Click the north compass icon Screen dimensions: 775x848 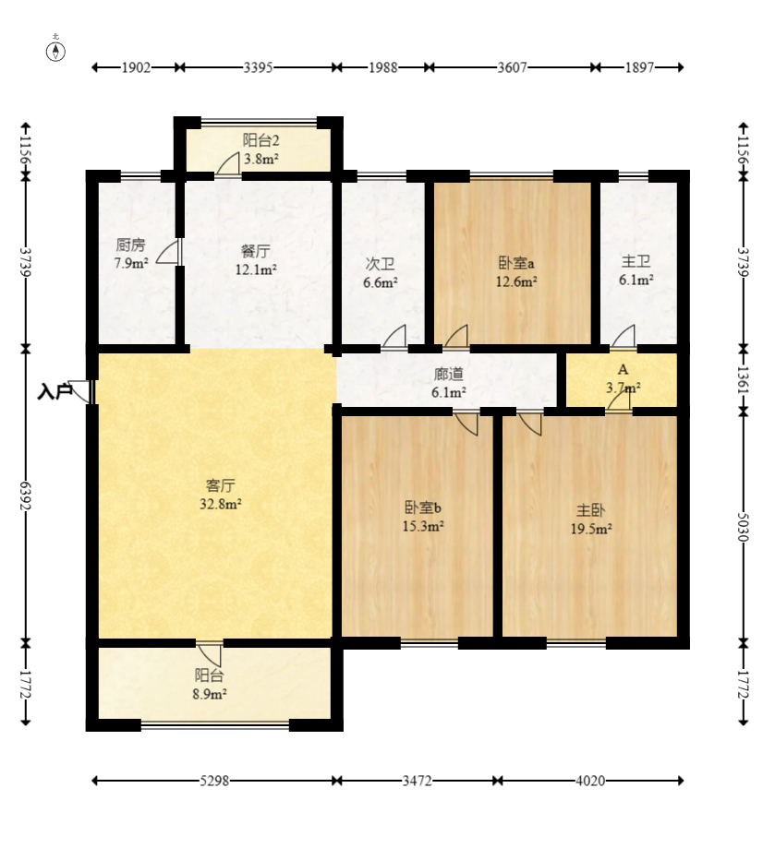tap(55, 52)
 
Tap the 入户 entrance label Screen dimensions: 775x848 tap(54, 392)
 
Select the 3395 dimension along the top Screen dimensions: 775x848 tap(258, 67)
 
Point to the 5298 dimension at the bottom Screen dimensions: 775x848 tap(214, 781)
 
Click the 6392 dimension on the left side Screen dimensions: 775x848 tap(25, 495)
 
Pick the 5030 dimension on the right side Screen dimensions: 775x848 tap(743, 526)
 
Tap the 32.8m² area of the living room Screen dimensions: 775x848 tap(221, 504)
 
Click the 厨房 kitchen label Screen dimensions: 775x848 tap(130, 245)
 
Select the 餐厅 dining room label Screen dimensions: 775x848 tap(256, 252)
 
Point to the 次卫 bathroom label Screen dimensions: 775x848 tap(381, 264)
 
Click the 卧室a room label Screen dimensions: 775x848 tap(516, 263)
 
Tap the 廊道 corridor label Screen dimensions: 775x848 tap(449, 374)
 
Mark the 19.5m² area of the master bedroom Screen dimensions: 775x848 tap(591, 529)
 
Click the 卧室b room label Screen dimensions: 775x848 tap(423, 508)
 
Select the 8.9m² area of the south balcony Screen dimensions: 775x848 tap(210, 693)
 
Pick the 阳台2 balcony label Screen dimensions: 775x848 tap(260, 140)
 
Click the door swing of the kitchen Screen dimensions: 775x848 tap(167, 252)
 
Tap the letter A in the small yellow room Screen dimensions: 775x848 tap(623, 369)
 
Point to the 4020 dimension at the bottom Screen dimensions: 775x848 tap(590, 781)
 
